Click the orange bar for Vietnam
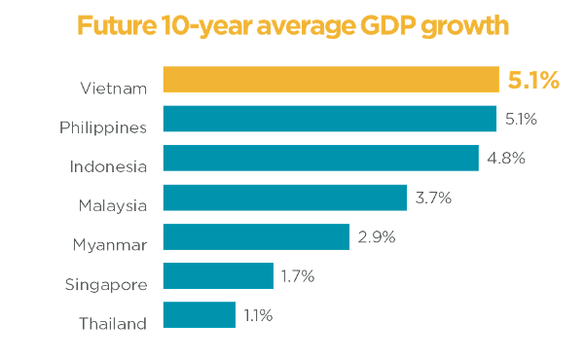330,80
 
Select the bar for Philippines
330,119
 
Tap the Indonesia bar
321,158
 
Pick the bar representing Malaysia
285,198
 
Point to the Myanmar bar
256,236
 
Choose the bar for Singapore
218,276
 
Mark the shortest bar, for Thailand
200,315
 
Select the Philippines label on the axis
103,127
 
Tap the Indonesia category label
108,166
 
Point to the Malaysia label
113,205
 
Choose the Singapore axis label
105,284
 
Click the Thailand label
114,323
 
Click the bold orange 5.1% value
533,80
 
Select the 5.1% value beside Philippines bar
521,119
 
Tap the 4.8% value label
505,158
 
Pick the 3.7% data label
432,198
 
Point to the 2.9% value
375,236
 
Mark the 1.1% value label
258,315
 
